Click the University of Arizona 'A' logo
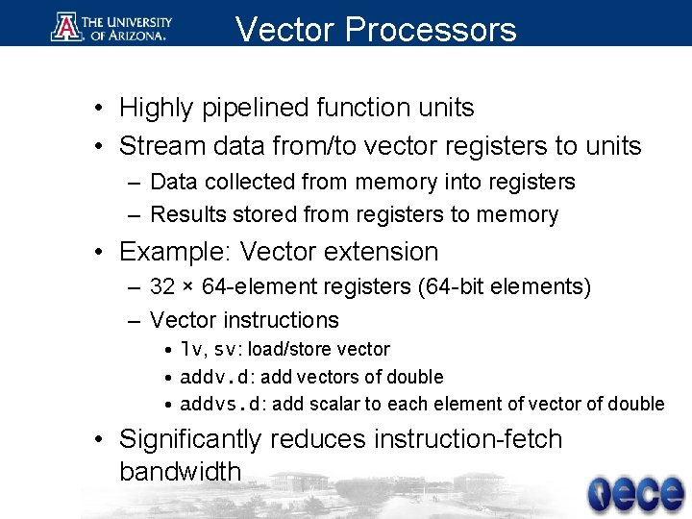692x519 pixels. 65,27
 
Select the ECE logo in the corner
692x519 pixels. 636,493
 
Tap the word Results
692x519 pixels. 185,214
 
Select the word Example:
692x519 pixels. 176,252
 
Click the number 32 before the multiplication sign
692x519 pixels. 162,286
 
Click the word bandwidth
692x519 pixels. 180,472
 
